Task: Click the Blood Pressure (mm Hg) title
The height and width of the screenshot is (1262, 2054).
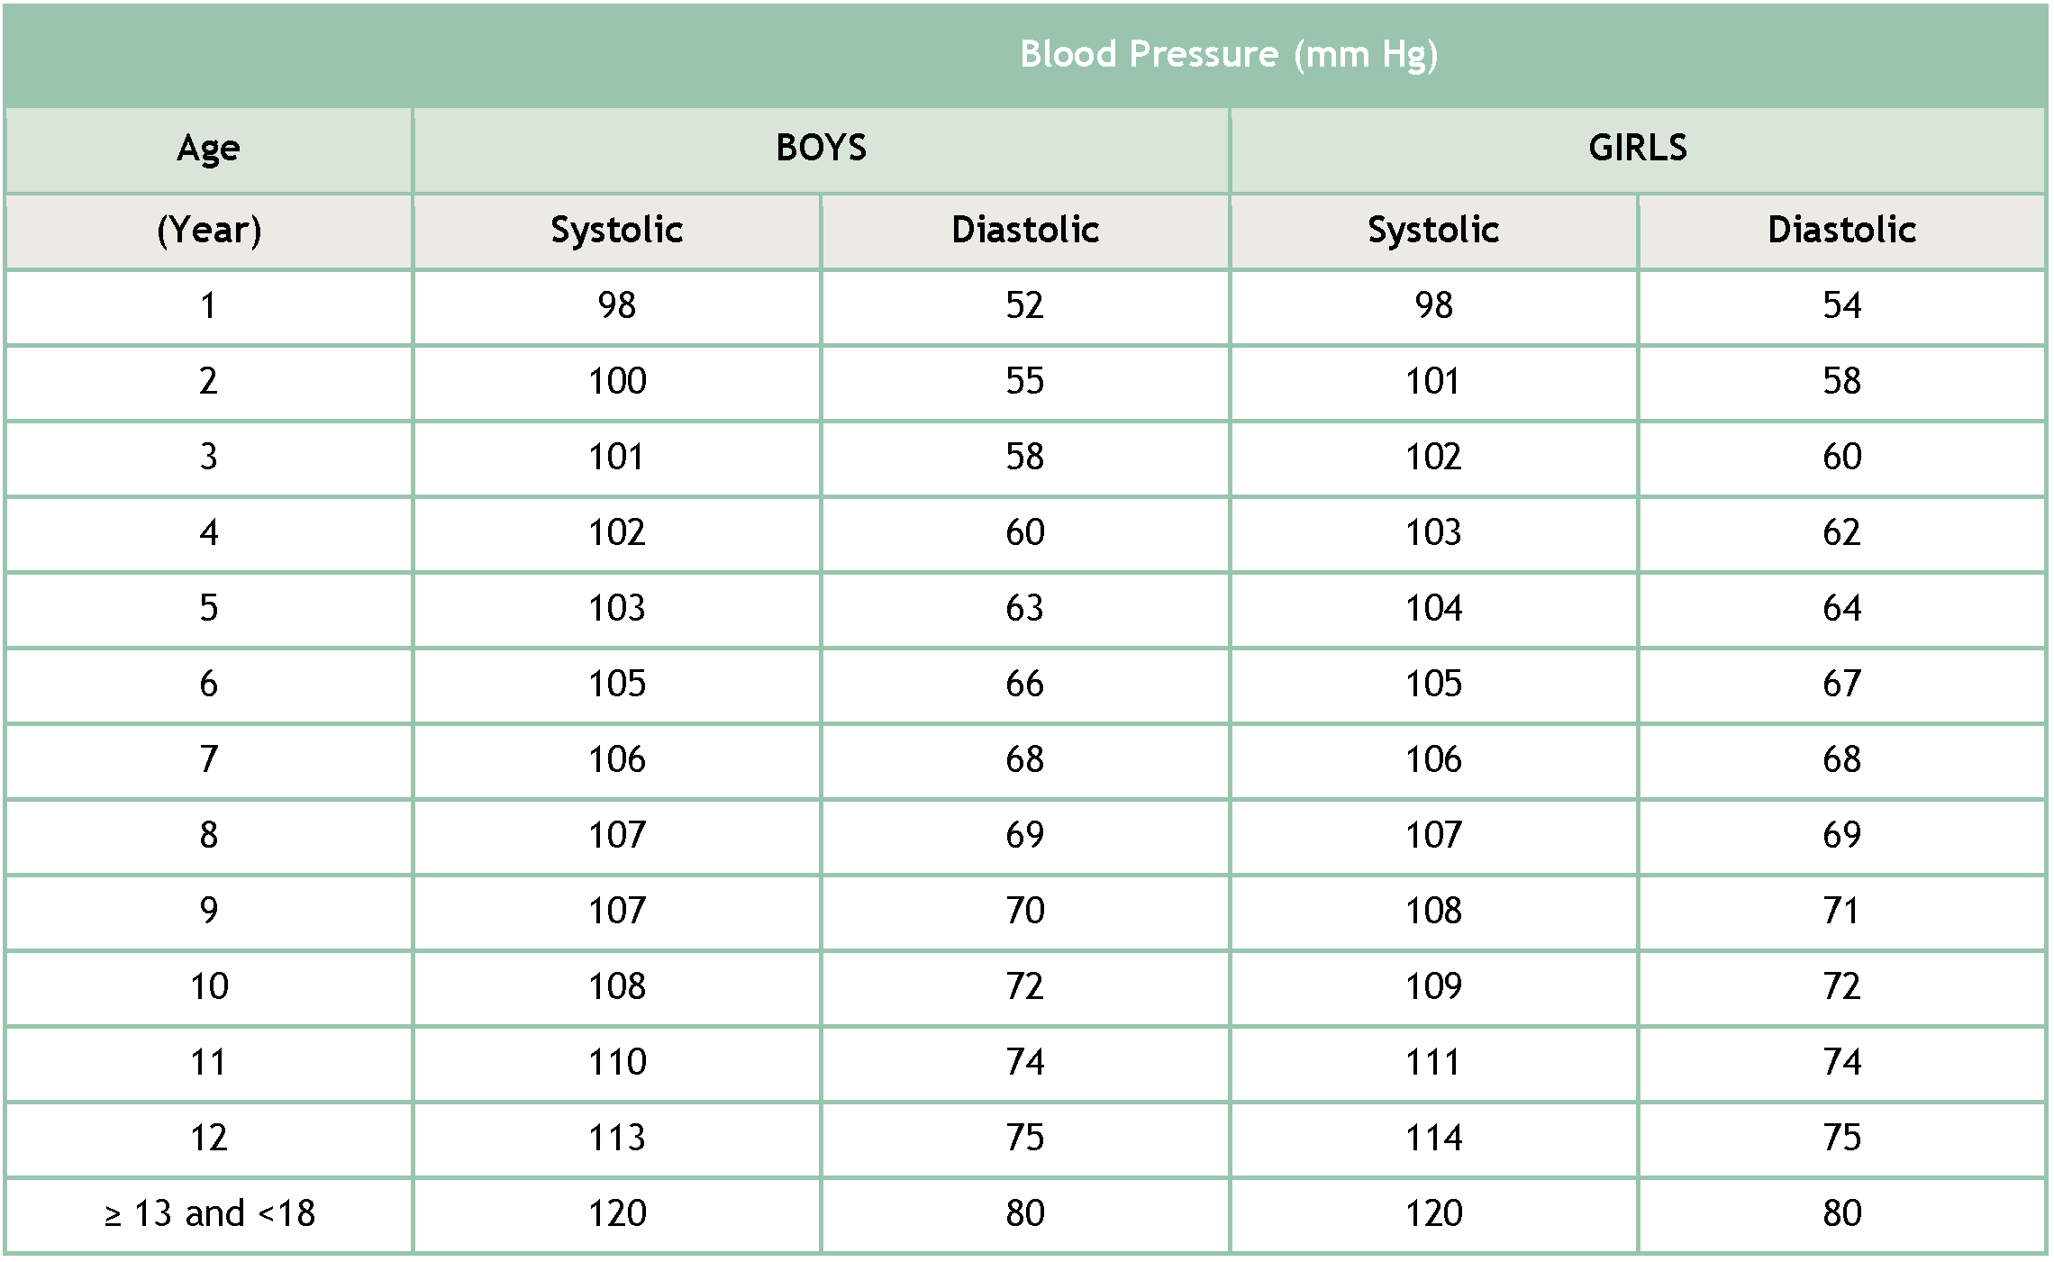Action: (1228, 54)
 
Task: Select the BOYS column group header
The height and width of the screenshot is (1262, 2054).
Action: (821, 148)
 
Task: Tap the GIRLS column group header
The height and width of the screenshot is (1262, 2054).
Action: (1637, 148)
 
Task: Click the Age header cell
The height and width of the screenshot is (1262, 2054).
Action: (208, 148)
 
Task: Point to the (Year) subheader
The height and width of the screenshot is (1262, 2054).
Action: (208, 230)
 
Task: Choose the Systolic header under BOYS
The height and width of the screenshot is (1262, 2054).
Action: (616, 230)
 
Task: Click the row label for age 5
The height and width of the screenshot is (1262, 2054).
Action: (208, 608)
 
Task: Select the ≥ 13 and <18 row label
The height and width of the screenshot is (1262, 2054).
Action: (209, 1213)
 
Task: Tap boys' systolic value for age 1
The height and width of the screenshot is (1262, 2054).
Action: (616, 305)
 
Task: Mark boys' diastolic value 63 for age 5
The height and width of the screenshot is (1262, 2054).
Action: (1024, 608)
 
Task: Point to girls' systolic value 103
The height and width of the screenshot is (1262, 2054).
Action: (1433, 532)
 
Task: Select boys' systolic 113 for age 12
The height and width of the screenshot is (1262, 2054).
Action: (616, 1138)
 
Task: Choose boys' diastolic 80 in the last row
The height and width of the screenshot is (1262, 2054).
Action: (1024, 1213)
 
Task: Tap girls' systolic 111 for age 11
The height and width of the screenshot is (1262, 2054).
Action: (1433, 1062)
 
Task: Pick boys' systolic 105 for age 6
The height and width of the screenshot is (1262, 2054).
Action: (616, 684)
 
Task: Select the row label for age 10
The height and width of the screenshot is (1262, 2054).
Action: (208, 986)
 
